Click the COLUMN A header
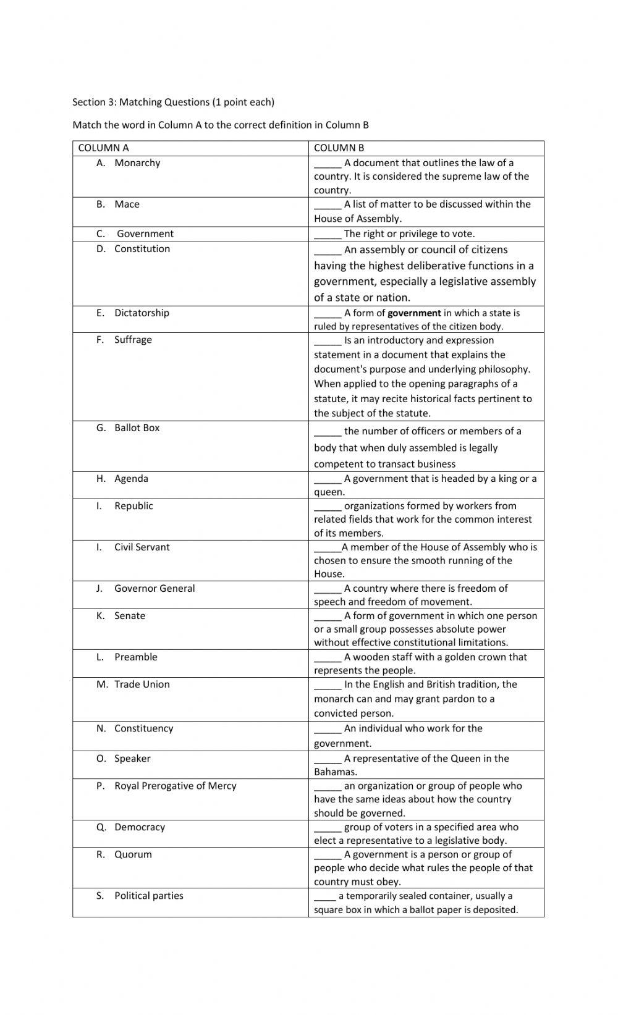pos(103,148)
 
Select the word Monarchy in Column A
pos(137,163)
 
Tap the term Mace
pos(127,204)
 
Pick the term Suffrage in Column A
pos(133,340)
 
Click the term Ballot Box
pos(137,428)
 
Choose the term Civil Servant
pos(142,547)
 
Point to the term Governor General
pos(154,589)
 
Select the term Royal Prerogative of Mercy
pos(175,786)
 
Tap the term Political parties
pos(148,896)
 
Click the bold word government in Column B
pos(414,313)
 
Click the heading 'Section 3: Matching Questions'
pos(173,102)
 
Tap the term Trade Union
pos(142,684)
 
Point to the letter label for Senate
pos(100,616)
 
